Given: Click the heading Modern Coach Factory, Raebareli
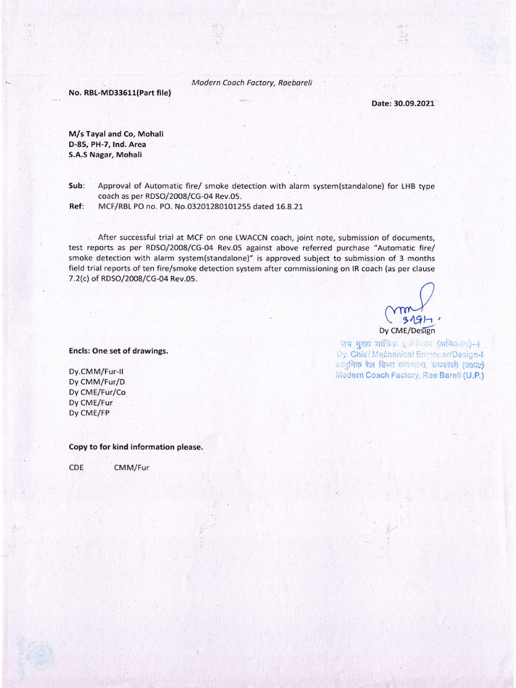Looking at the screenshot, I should click(252, 82).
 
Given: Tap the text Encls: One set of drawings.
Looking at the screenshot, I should click(118, 351).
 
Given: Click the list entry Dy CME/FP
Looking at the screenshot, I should click(89, 413).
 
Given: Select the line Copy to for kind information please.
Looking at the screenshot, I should click(136, 447).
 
